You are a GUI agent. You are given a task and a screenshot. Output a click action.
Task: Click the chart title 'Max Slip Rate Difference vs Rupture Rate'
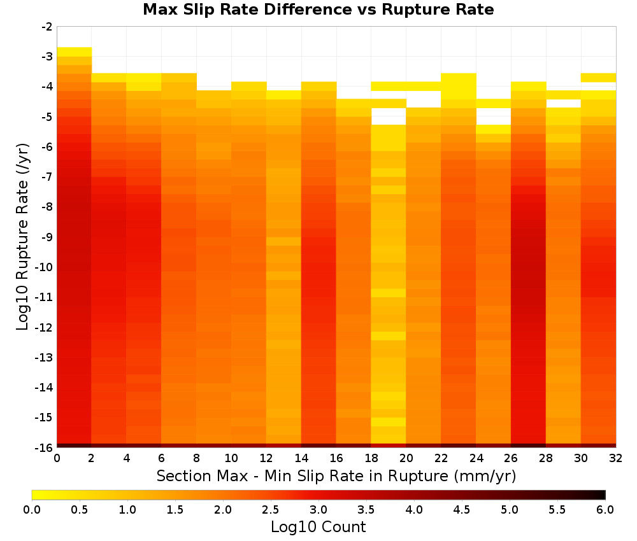pos(318,10)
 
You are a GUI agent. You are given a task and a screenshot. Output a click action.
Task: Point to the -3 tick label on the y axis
pos(47,57)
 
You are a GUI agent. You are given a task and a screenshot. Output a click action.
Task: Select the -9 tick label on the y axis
pos(47,237)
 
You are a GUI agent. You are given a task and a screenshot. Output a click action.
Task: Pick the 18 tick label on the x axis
pos(371,458)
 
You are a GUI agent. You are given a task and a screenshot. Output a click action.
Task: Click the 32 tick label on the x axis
pos(616,458)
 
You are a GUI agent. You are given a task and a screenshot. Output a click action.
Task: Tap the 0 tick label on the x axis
pos(57,458)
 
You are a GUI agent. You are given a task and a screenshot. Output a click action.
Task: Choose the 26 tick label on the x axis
pos(511,458)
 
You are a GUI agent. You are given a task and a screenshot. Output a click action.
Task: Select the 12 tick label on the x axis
pos(266,458)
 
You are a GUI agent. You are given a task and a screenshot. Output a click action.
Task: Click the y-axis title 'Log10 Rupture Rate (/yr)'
pos(23,237)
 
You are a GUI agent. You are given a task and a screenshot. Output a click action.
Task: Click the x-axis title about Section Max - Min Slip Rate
pos(336,476)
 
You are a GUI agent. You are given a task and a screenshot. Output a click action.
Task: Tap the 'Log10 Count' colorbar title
pos(318,527)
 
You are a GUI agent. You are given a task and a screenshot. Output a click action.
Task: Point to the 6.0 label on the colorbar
pos(605,510)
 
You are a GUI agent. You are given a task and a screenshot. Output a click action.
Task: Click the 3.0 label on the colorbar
pos(318,510)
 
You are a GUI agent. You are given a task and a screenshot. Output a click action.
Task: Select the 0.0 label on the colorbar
pos(32,510)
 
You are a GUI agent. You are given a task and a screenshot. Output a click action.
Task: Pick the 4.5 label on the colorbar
pos(462,510)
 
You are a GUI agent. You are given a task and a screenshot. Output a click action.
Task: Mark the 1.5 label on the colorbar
pos(175,510)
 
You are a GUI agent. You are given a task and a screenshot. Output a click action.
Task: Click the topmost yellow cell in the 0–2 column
pos(75,52)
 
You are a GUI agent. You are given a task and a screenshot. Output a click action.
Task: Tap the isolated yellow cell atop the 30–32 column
pos(598,78)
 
